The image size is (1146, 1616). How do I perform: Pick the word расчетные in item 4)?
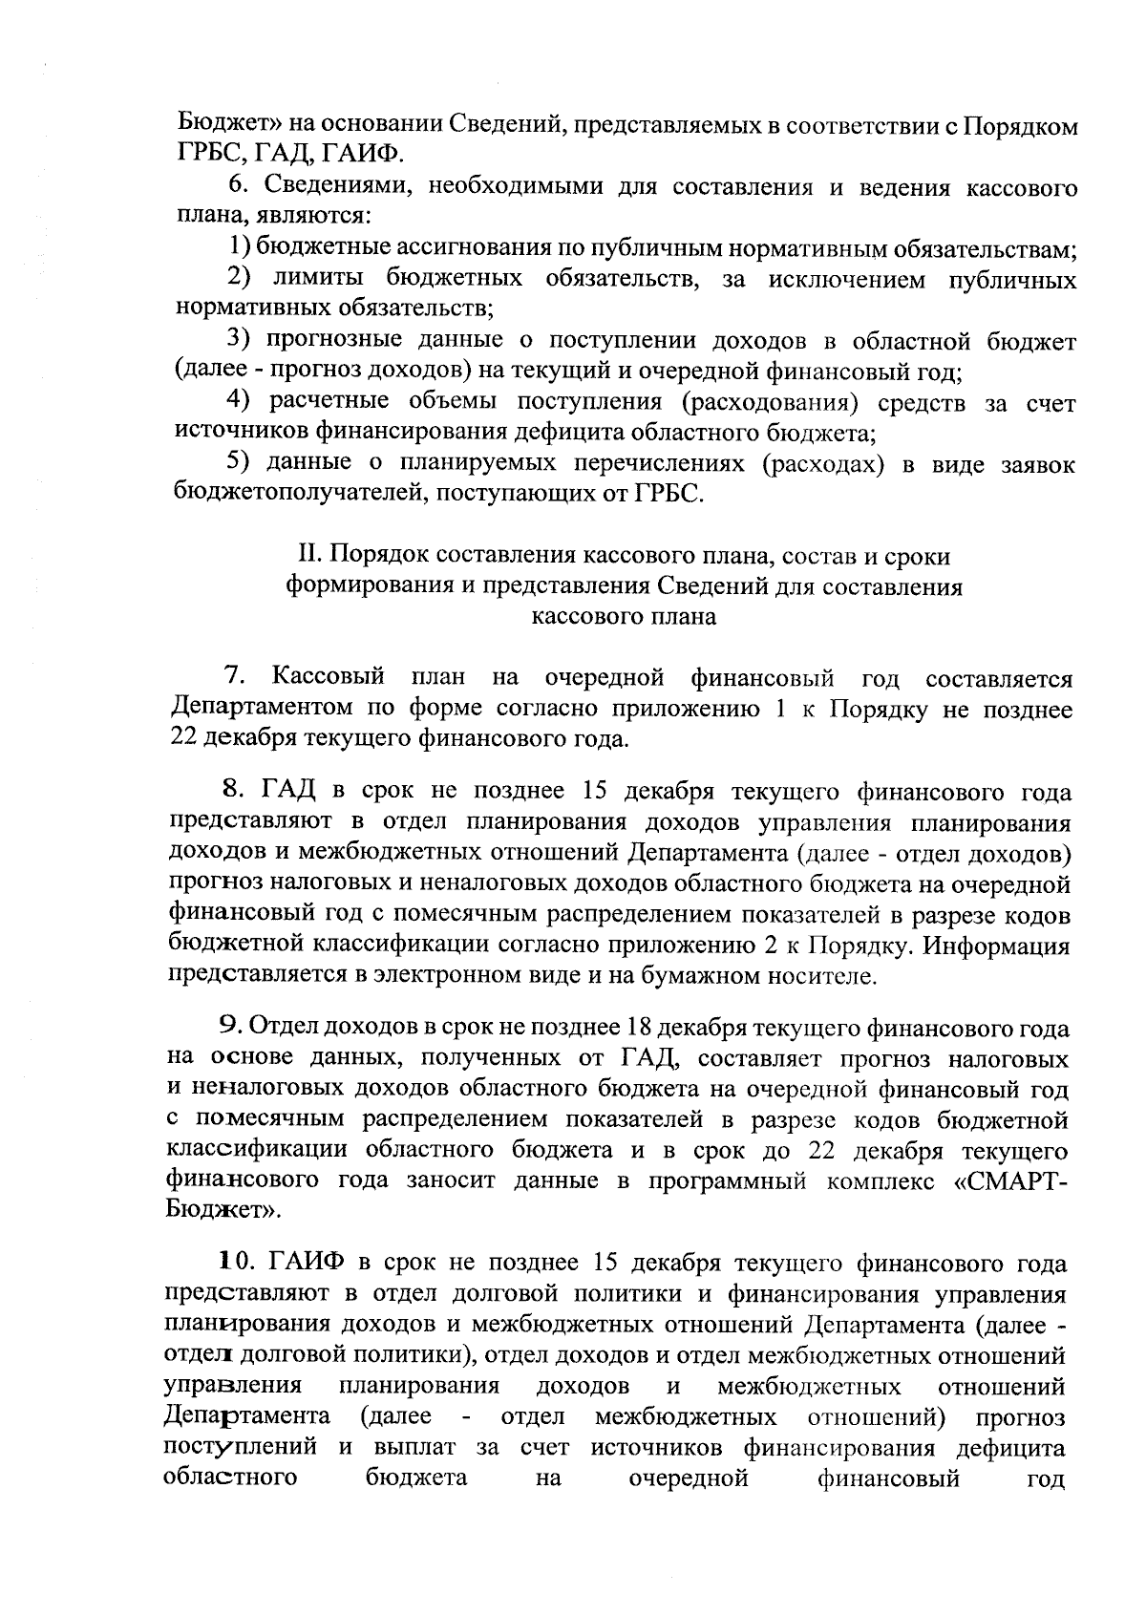click(x=326, y=402)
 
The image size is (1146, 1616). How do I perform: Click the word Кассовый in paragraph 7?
click(x=329, y=678)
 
